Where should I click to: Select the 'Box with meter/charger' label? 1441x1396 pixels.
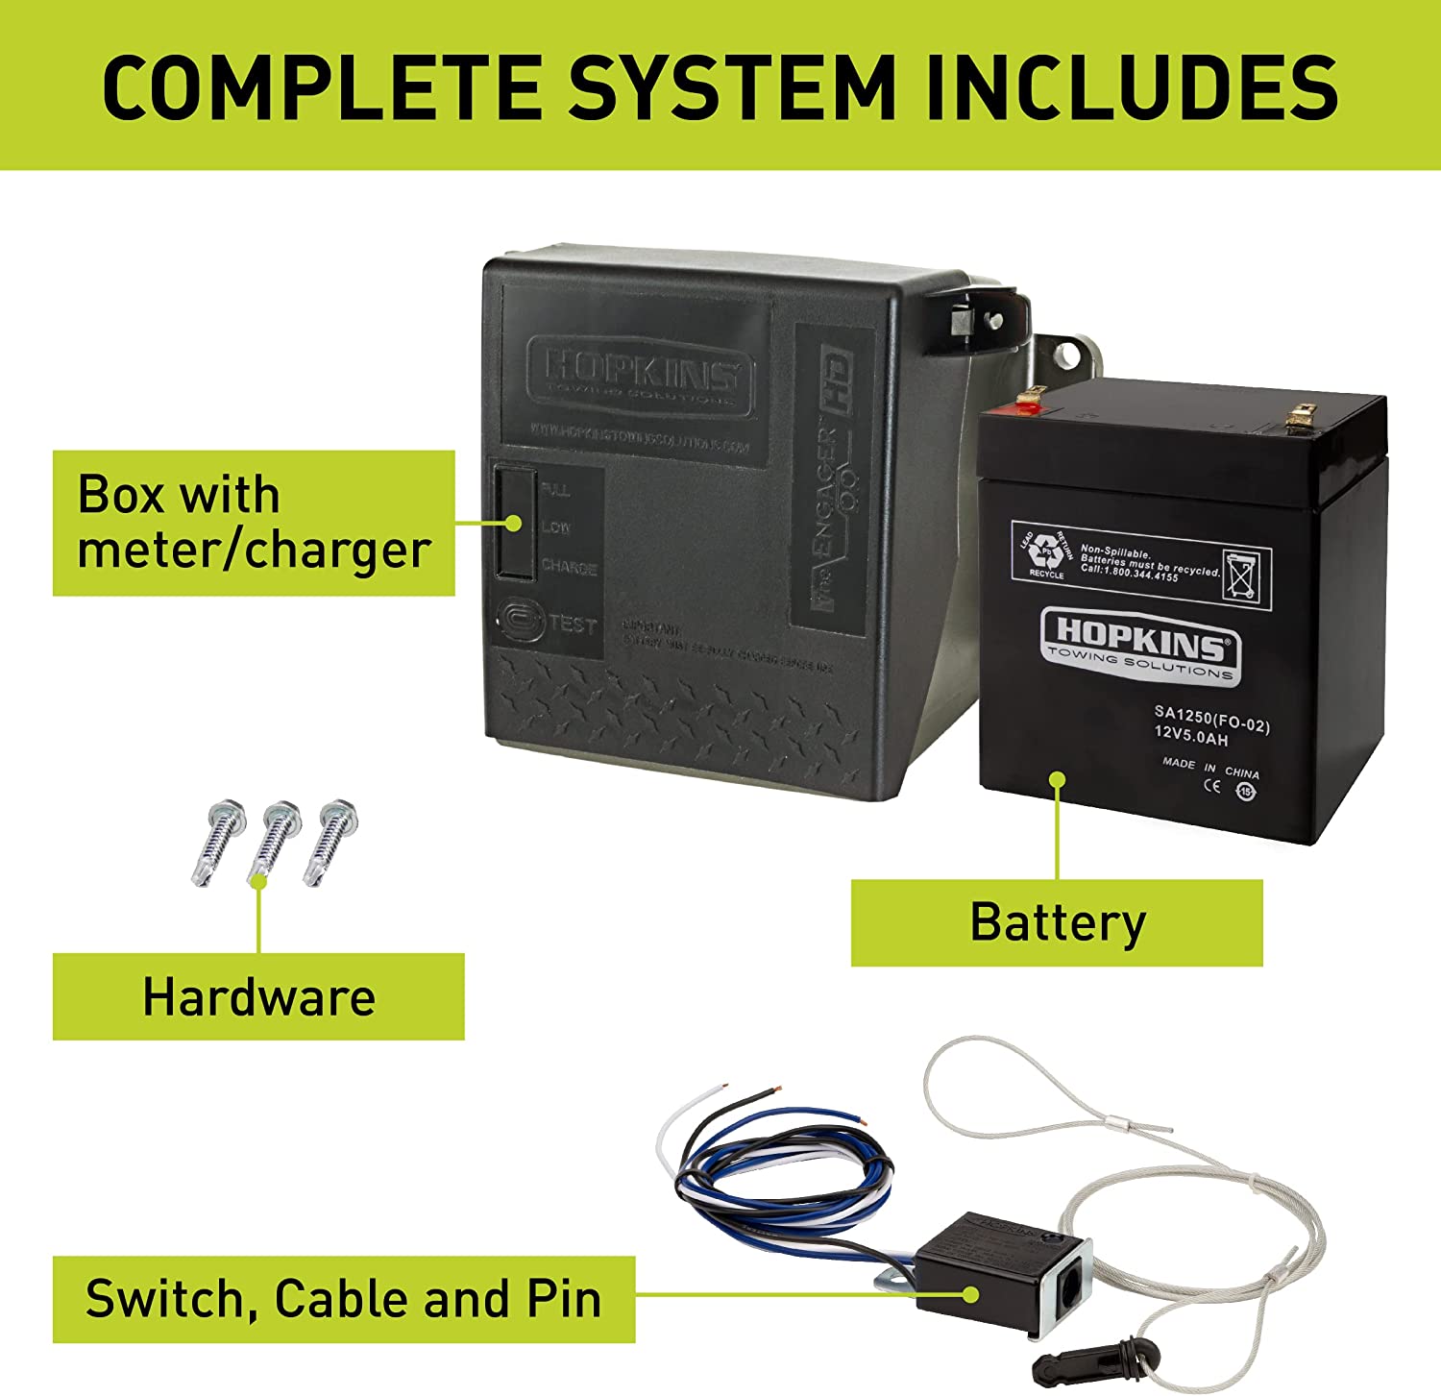click(x=253, y=523)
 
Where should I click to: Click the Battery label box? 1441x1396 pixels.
click(x=1057, y=922)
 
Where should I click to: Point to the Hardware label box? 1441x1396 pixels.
click(x=258, y=996)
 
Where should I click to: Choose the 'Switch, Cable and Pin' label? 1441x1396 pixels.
click(x=343, y=1299)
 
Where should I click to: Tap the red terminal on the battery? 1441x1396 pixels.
click(x=1029, y=404)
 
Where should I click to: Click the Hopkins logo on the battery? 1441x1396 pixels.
click(x=1140, y=644)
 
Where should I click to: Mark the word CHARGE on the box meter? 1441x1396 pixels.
click(x=569, y=567)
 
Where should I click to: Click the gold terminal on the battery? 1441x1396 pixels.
click(x=1303, y=415)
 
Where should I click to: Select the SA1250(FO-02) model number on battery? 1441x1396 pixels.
click(x=1211, y=718)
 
